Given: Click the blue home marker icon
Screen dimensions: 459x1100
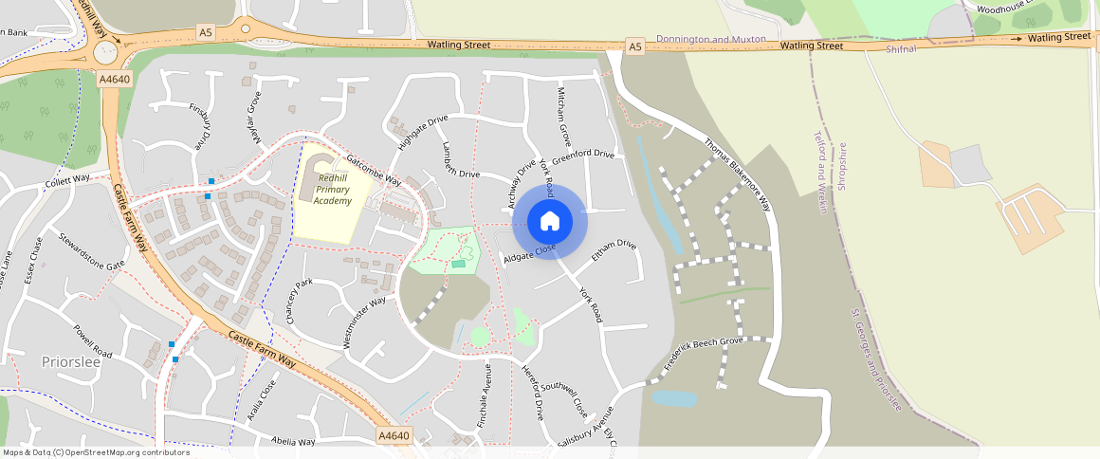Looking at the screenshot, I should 550,222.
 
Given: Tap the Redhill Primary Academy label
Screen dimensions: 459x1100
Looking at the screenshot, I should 335,190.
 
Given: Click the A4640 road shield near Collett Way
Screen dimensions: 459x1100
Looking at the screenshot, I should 114,80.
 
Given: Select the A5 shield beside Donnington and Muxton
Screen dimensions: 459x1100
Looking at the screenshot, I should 635,45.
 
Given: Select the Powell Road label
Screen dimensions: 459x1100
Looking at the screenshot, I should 93,341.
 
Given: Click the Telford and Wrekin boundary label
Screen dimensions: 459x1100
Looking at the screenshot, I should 821,172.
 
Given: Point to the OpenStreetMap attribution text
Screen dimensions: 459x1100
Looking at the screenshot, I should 96,452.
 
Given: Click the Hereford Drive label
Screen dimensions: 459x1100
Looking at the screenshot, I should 533,394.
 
